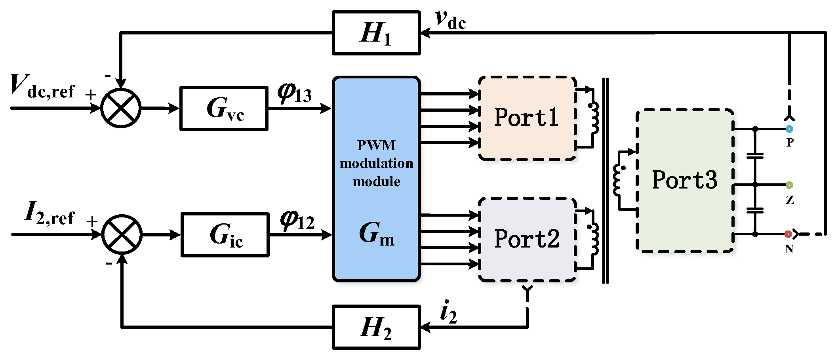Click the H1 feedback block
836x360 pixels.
click(x=376, y=33)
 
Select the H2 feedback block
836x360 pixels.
click(x=376, y=327)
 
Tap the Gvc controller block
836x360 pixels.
click(x=224, y=108)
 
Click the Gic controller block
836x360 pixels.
click(x=225, y=234)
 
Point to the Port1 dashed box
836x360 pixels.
click(x=527, y=118)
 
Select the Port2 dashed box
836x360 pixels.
click(x=527, y=239)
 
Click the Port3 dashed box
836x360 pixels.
click(x=684, y=180)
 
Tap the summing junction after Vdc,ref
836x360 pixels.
click(x=121, y=108)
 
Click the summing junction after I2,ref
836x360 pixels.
click(x=122, y=234)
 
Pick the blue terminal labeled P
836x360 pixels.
click(x=789, y=129)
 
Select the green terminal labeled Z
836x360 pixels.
click(x=789, y=185)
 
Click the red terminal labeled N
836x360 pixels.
click(x=788, y=234)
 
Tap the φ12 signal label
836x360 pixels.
click(x=297, y=220)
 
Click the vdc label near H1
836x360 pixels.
click(x=450, y=20)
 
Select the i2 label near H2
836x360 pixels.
click(x=448, y=313)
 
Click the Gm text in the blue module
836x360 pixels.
click(x=376, y=234)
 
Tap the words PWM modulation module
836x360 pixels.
click(x=376, y=163)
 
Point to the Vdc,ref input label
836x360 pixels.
click(x=42, y=86)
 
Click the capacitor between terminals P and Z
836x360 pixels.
click(x=755, y=156)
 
